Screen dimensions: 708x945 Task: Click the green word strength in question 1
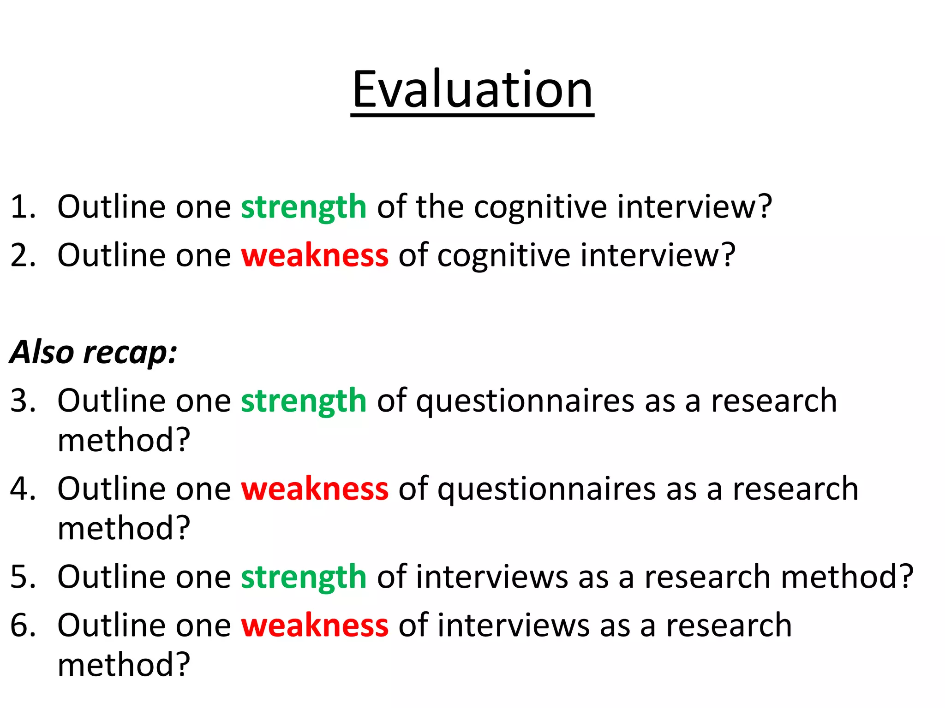[304, 207]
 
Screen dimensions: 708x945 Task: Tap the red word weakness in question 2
[315, 255]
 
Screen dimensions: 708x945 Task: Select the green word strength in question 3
[304, 401]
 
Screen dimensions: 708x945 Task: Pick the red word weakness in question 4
[315, 489]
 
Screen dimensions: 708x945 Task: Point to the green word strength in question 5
[304, 577]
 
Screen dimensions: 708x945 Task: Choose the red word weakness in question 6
[315, 626]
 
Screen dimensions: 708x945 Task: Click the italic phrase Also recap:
[93, 353]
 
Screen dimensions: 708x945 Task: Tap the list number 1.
[22, 207]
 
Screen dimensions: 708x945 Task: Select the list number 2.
[22, 255]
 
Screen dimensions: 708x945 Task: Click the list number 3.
[22, 401]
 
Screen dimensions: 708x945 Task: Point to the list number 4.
[22, 489]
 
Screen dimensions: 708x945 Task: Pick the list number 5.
[22, 577]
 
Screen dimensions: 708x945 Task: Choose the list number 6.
[22, 626]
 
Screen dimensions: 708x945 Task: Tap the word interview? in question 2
[658, 255]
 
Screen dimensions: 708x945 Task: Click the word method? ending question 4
[124, 528]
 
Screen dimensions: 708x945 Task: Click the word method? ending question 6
[124, 665]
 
